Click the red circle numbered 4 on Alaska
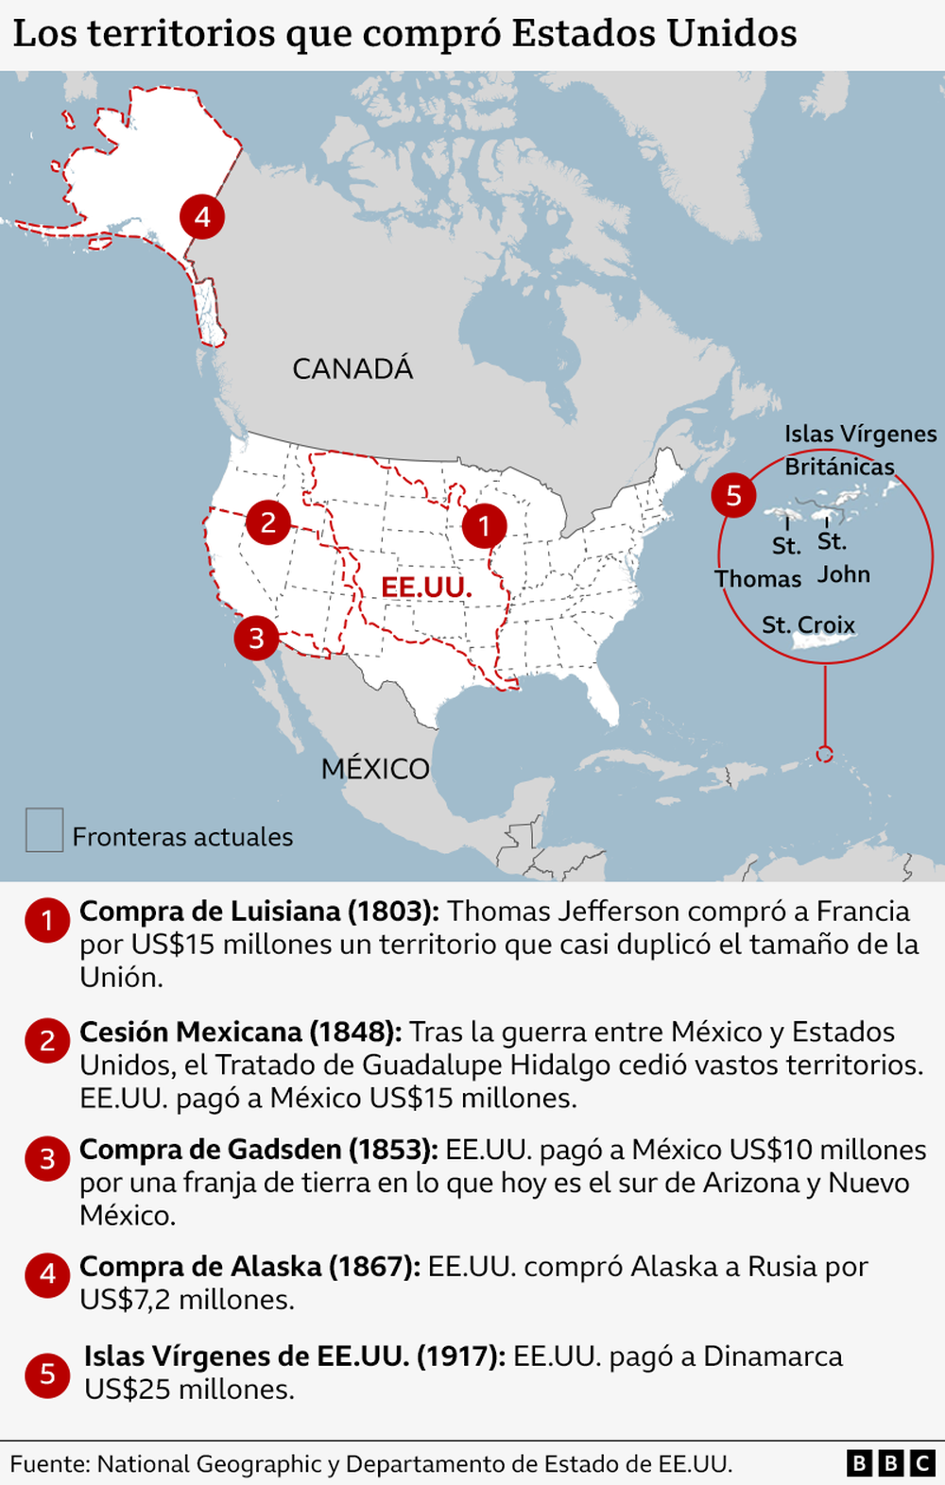[202, 216]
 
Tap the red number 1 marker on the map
[485, 525]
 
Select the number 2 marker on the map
[268, 521]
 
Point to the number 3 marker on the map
[256, 639]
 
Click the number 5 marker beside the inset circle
[733, 495]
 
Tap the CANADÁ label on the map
[352, 368]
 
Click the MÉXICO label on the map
[375, 769]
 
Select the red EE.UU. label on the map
[426, 587]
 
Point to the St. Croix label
[808, 624]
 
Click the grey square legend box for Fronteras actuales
[44, 830]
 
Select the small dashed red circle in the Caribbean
[824, 754]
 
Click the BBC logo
[890, 1463]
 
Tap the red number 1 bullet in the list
[47, 920]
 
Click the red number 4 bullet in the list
[47, 1274]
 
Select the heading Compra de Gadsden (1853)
[258, 1150]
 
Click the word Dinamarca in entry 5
[772, 1357]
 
